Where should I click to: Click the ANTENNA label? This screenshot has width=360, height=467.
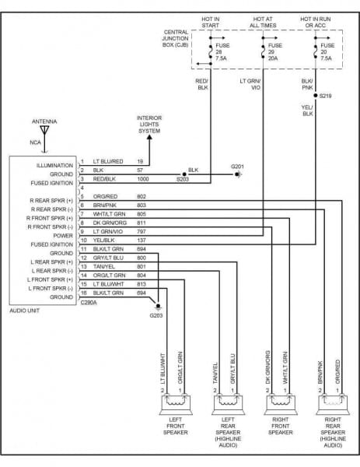44,122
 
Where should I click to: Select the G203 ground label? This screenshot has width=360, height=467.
156,315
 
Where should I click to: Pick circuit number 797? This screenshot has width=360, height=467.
141,231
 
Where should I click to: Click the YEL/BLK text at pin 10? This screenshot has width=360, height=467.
104,240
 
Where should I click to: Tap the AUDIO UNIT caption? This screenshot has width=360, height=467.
29,311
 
